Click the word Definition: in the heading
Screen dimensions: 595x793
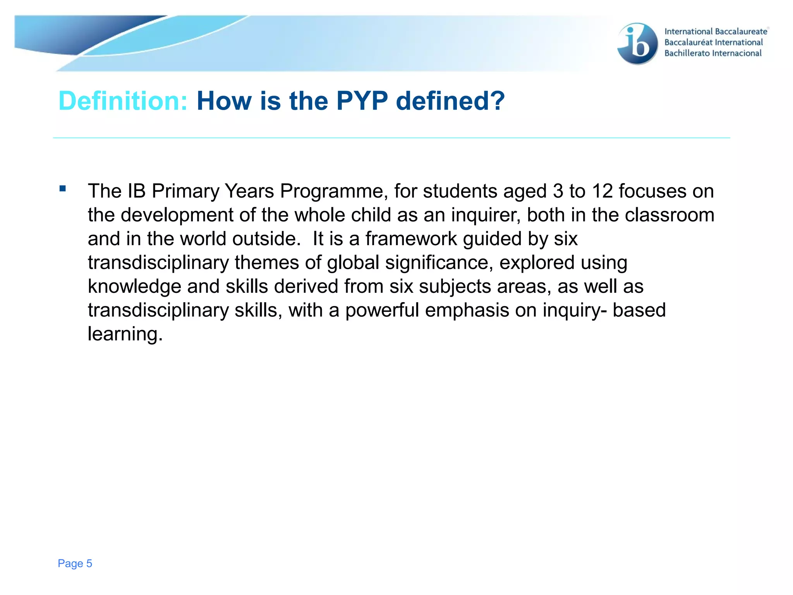click(x=123, y=101)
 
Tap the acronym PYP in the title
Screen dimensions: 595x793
click(x=362, y=101)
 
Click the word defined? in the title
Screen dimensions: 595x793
click(x=450, y=101)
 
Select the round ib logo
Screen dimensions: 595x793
click(x=637, y=43)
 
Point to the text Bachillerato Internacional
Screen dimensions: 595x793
click(x=713, y=53)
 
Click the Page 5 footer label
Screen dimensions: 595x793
click(x=75, y=563)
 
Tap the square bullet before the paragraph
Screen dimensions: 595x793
click(x=63, y=189)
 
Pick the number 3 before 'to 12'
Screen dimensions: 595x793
click(x=558, y=191)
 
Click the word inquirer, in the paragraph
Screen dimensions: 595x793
click(x=486, y=215)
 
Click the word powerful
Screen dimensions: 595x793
click(x=382, y=311)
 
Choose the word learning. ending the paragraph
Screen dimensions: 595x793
click(x=125, y=334)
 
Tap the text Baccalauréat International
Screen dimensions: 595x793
click(x=713, y=43)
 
